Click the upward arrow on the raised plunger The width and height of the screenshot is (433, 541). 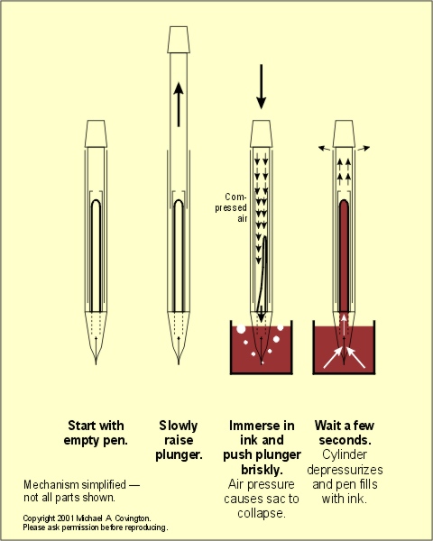coord(179,104)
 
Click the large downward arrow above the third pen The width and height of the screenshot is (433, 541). coord(262,87)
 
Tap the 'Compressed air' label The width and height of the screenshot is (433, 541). coord(231,207)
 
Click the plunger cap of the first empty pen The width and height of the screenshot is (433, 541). coord(96,133)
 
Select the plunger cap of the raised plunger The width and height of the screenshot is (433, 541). coord(179,40)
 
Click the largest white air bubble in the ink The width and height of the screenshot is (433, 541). coord(241,329)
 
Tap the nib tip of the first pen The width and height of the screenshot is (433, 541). coord(96,363)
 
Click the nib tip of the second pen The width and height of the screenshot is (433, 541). coord(179,363)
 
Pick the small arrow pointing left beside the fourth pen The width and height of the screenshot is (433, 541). coord(324,149)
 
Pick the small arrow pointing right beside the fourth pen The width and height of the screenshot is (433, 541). coord(364,149)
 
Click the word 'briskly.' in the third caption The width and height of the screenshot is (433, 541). coord(262,470)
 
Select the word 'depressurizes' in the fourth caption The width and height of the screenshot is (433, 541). coord(345,470)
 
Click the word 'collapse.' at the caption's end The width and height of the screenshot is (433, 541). coord(262,513)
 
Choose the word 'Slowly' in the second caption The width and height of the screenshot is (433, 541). coord(179,426)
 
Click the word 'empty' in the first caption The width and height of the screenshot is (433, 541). coord(82,441)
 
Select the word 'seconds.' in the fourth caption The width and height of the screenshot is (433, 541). coord(345,440)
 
